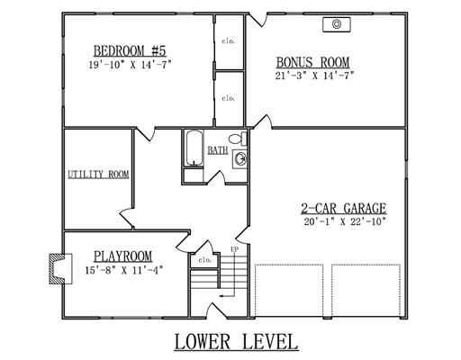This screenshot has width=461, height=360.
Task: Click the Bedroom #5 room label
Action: [130, 51]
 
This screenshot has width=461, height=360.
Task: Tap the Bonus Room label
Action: [312, 62]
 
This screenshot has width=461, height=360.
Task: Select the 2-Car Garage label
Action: [344, 208]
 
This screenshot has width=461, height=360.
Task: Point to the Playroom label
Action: [123, 256]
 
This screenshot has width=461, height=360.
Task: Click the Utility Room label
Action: [98, 175]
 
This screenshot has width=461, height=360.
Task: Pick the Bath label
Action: [218, 150]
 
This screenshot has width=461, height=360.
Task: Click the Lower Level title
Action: [236, 342]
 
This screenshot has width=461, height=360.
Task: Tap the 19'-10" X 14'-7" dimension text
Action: [130, 65]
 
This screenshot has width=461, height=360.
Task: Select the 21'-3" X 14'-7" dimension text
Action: [314, 76]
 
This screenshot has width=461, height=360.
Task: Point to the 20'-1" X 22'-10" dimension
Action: [345, 221]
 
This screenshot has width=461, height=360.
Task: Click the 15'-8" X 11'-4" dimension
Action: [124, 270]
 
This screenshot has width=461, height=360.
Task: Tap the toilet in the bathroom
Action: [238, 139]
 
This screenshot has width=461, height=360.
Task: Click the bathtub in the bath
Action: [194, 148]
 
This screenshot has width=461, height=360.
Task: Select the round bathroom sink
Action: [240, 159]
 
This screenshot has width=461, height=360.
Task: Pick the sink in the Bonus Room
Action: [337, 24]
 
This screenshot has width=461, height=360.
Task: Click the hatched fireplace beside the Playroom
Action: [57, 269]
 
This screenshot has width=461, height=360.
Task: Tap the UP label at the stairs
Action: [235, 249]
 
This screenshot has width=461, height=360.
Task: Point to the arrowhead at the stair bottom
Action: [221, 296]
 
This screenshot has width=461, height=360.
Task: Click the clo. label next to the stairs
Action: [205, 260]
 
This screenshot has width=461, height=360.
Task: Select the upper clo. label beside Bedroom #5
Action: [229, 40]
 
